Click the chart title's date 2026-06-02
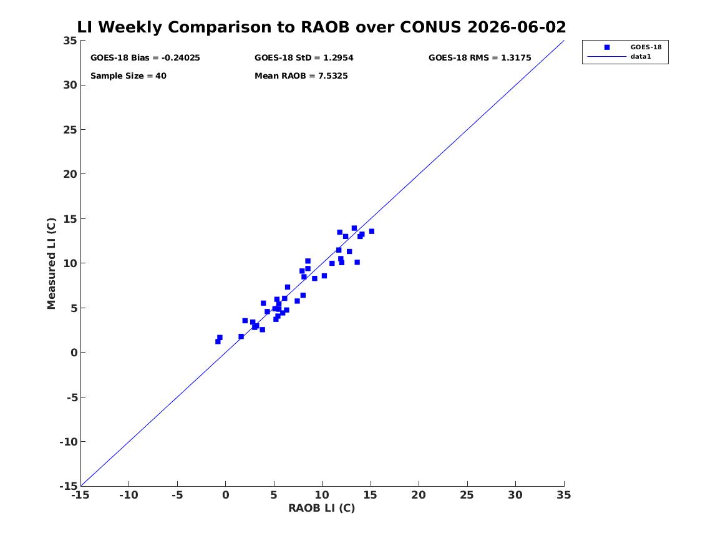[x=517, y=27]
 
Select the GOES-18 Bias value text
[x=145, y=58]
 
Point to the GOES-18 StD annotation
[x=304, y=58]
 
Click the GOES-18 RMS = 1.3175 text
[x=480, y=58]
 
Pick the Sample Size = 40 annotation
[x=128, y=76]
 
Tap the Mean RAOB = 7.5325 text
[x=301, y=76]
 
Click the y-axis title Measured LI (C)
[x=51, y=263]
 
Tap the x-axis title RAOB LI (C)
[x=322, y=509]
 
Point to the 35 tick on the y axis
[x=70, y=41]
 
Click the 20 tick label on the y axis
[x=70, y=174]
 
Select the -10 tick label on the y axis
[x=68, y=442]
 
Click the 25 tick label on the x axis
[x=467, y=495]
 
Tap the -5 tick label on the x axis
[x=177, y=495]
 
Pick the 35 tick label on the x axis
[x=564, y=495]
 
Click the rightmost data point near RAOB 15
[x=371, y=232]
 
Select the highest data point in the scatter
[x=354, y=228]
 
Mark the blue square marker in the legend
[x=607, y=47]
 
